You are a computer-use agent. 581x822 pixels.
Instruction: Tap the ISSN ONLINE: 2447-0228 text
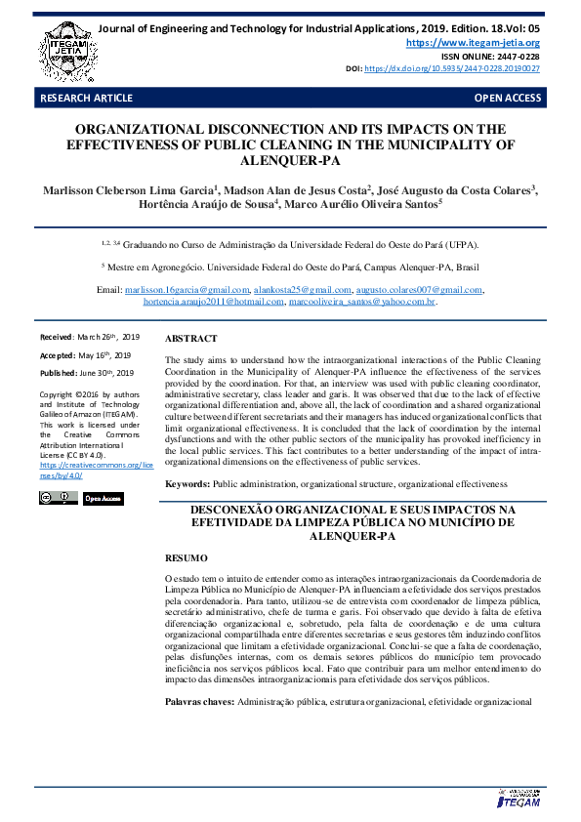click(497, 57)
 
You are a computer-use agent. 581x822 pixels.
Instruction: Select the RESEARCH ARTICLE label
click(79, 99)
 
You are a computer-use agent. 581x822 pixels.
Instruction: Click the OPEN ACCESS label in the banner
click(507, 99)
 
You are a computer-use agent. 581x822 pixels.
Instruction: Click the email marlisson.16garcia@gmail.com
click(187, 290)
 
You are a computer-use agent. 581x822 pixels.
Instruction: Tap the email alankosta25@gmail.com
click(302, 290)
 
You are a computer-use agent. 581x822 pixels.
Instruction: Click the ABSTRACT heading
click(191, 338)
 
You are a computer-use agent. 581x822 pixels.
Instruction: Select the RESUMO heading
click(186, 557)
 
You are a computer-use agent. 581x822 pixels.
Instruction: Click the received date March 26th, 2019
click(107, 337)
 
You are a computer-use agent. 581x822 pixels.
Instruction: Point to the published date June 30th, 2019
click(113, 373)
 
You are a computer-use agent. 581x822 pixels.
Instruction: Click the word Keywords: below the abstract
click(187, 484)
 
